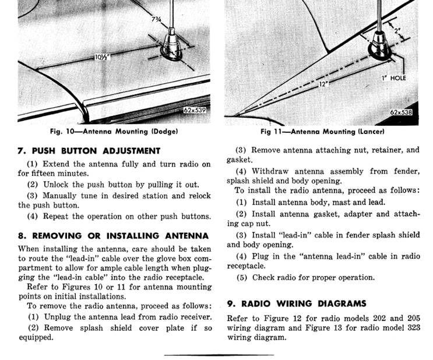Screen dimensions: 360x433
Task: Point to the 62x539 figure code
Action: (x=193, y=110)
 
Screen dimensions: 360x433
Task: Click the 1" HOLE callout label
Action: (x=394, y=78)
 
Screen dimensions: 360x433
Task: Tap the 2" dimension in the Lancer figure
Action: (x=399, y=30)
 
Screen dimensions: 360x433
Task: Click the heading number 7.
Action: (x=20, y=151)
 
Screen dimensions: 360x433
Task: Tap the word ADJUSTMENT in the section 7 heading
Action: (x=126, y=151)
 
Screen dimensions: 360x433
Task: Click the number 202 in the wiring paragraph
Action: (x=366, y=318)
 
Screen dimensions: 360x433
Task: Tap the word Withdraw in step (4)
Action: (x=270, y=171)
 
